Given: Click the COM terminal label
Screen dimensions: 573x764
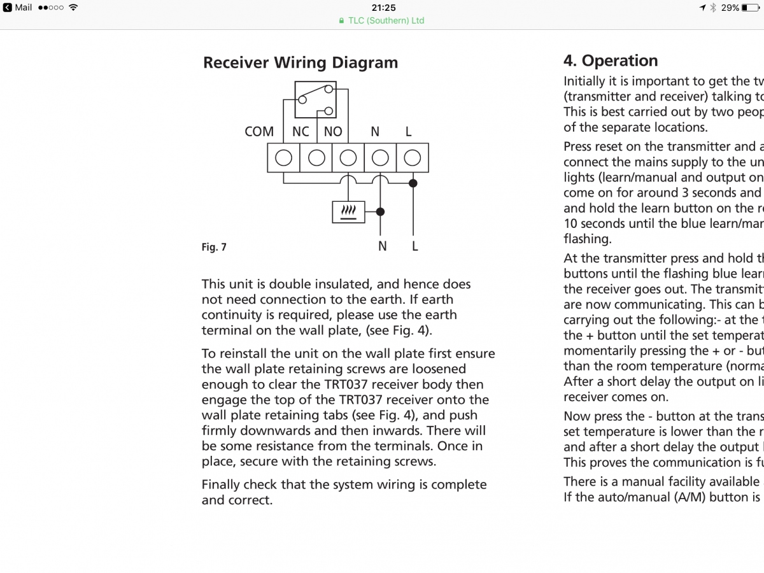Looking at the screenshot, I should point(259,132).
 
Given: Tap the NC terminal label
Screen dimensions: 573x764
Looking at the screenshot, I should point(301,132).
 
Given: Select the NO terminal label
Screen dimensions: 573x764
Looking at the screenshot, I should point(333,132).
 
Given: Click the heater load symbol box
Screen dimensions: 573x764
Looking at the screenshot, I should point(349,212).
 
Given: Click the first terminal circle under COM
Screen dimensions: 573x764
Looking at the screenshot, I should point(283,158).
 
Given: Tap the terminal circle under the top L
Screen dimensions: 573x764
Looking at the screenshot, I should point(413,158).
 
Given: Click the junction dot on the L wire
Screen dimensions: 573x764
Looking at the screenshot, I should point(413,183).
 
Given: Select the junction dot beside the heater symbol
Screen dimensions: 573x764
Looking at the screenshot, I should point(381,212).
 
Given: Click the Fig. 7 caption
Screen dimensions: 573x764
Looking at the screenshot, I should point(214,247).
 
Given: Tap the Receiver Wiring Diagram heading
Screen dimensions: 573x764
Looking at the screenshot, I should point(301,63).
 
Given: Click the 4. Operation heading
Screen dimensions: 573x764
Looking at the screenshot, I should point(611,61).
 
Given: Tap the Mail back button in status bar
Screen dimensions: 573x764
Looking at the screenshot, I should point(19,8).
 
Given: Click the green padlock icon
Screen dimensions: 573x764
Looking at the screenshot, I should point(343,20).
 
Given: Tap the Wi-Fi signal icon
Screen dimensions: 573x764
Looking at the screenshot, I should point(73,8).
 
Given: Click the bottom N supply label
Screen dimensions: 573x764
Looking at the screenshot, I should point(382,246).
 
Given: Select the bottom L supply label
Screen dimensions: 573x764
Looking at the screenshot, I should point(414,246).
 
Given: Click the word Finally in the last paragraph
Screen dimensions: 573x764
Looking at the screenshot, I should point(223,485).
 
